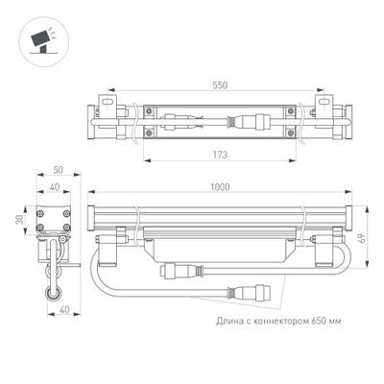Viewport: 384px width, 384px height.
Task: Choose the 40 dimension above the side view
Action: point(56,188)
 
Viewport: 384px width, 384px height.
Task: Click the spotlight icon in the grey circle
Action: point(38,38)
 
